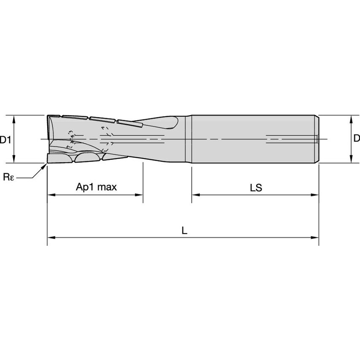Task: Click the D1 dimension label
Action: (x=5, y=139)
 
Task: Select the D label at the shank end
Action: (x=356, y=139)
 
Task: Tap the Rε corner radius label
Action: (x=8, y=177)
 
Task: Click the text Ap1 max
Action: (x=96, y=187)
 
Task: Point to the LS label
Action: (x=255, y=188)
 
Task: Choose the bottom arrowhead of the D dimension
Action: (x=351, y=159)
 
